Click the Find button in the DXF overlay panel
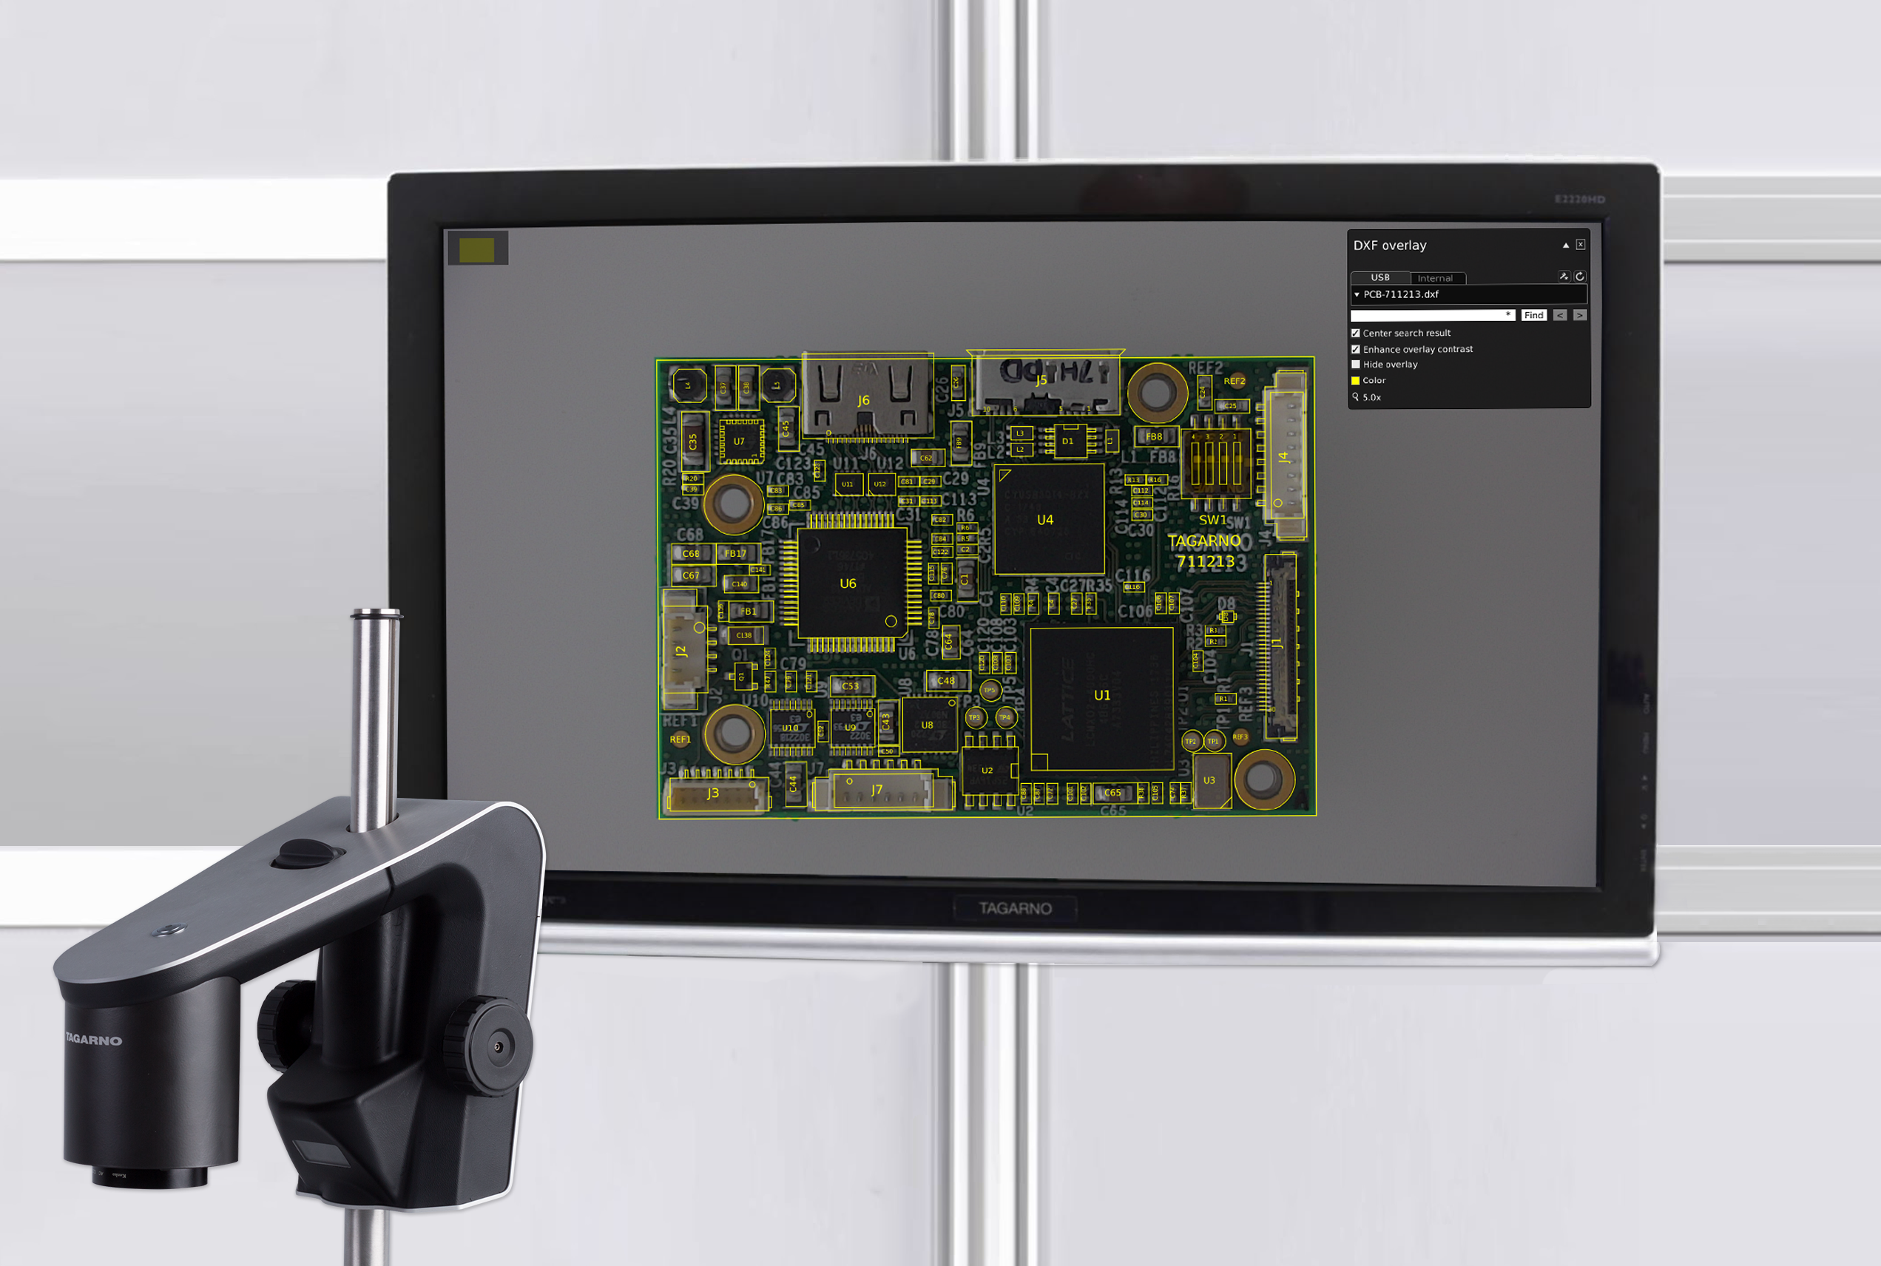pos(1533,315)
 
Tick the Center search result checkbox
pos(1355,333)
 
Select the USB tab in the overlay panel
pos(1379,277)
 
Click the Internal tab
pos(1434,278)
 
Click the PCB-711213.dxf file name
pos(1400,294)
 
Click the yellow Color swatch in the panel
pos(1355,380)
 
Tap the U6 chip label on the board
pos(847,583)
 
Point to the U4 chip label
pos(1044,519)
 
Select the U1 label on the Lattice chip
pos(1101,694)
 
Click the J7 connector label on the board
pos(877,789)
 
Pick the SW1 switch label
pos(1212,519)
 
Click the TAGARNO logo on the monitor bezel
pos(1015,908)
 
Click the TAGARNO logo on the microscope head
pos(94,1040)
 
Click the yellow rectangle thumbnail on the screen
pos(476,249)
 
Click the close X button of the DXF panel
pos(1580,245)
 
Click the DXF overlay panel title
pos(1389,245)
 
